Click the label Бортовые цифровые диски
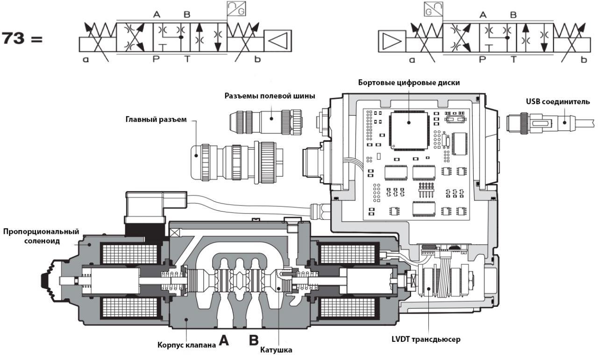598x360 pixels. click(409, 83)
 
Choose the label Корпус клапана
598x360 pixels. click(185, 346)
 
